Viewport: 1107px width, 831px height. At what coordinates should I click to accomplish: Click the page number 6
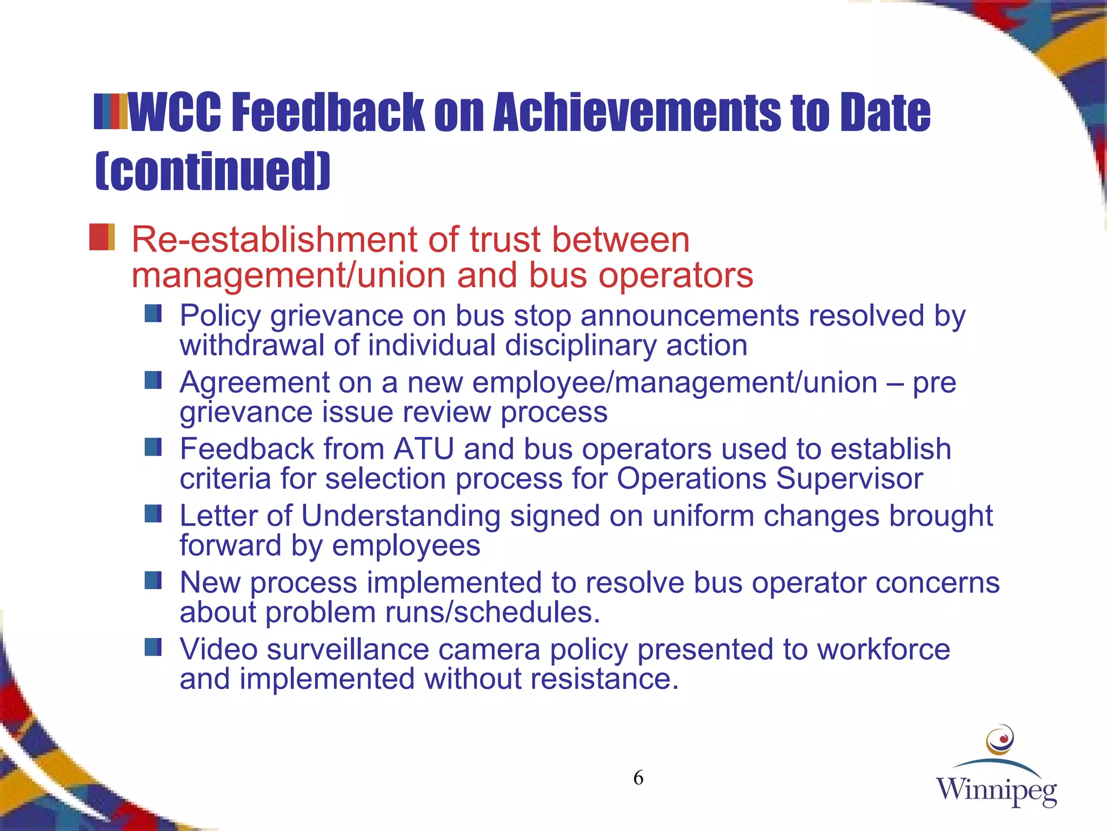point(638,778)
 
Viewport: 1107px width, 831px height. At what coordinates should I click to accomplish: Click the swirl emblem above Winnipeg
point(999,740)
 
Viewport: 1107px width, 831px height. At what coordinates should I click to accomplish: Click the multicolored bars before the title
point(111,112)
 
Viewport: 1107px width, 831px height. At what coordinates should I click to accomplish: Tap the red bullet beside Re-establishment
point(102,237)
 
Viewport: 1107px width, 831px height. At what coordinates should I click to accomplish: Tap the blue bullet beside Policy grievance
point(153,313)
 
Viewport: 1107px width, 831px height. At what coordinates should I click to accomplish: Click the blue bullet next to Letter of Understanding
point(153,513)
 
